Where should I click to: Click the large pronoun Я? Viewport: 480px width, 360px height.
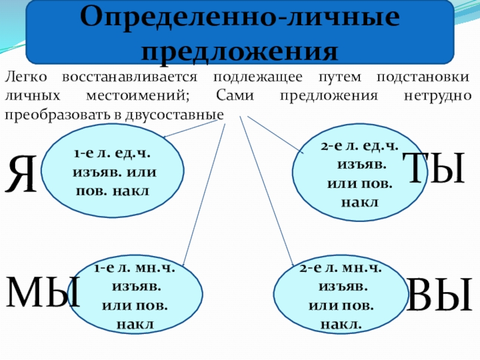point(22,175)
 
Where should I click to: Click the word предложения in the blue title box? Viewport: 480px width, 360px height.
point(240,50)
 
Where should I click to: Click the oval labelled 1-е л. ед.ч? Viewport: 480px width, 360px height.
point(114,173)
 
